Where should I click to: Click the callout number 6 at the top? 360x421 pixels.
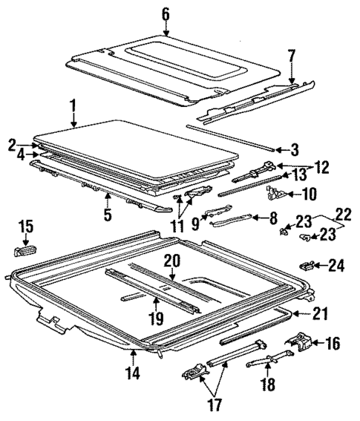[165, 13]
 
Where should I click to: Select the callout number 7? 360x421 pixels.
[292, 56]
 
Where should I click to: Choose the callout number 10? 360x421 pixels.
[307, 195]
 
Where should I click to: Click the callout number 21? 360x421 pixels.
[319, 315]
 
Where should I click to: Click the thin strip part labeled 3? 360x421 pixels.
[230, 137]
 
